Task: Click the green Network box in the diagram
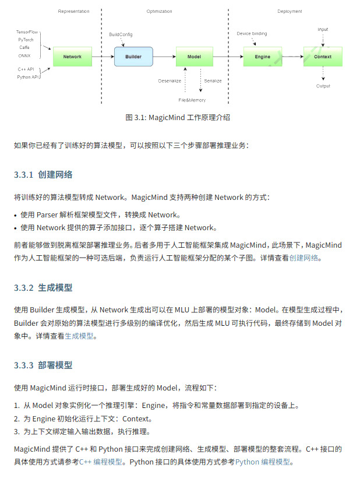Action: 72,57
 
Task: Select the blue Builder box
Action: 133,57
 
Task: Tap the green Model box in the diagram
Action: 194,57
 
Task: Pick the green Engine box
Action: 262,57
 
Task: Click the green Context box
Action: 322,57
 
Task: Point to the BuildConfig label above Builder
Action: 121,34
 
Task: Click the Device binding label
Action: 252,34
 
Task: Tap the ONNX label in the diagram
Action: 24,55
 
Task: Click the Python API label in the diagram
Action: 28,77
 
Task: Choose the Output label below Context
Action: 323,86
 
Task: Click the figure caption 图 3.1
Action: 178,117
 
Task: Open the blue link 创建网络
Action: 305,258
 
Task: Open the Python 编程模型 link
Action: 263,462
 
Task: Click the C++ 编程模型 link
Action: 101,462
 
